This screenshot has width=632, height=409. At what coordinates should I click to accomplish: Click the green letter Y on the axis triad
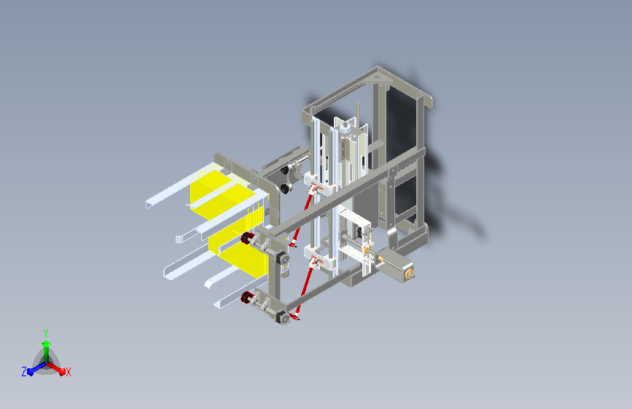point(46,333)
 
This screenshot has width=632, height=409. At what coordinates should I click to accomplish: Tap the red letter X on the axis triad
point(68,373)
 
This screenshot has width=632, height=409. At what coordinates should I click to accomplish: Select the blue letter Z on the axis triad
point(24,372)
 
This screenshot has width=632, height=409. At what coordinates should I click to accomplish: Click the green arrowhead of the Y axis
point(46,344)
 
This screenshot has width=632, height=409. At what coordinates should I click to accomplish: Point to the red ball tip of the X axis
point(62,371)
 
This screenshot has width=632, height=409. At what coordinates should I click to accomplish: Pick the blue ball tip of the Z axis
point(31,372)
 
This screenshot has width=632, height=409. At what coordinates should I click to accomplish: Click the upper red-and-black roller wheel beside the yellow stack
point(246,238)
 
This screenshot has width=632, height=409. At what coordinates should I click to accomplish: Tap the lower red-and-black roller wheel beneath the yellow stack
point(246,298)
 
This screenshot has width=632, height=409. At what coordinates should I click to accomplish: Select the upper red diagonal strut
point(303,215)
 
